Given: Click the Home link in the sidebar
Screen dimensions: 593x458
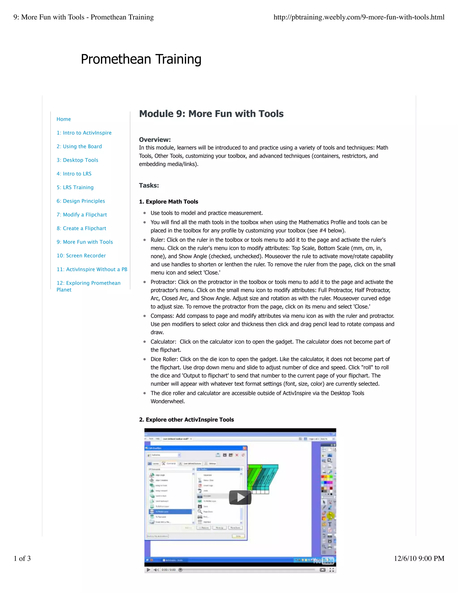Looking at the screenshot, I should pos(64,119).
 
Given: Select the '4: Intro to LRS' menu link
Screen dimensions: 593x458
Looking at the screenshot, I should pos(74,174).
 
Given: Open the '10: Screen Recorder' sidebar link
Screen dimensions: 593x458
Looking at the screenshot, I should pos(81,256).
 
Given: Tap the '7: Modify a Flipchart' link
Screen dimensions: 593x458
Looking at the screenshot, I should pos(82,215).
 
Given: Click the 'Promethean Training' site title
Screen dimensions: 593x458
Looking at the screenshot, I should pos(141,59).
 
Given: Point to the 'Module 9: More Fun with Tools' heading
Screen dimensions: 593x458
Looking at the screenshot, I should pos(211,114).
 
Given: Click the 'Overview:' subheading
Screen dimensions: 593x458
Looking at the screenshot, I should pos(155,140).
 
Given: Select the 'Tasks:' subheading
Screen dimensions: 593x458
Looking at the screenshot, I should pos(149,186).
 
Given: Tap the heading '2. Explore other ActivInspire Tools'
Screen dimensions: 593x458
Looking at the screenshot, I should pos(187,420).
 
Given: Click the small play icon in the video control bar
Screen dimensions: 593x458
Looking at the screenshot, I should pos(148,570).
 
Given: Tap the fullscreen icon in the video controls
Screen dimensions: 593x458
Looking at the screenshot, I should pos(332,570).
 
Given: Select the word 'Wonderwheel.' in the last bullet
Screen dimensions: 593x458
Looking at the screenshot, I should pos(168,401).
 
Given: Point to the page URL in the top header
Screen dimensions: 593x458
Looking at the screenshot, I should pos(359,17).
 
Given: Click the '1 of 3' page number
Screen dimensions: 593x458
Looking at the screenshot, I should pos(22,558).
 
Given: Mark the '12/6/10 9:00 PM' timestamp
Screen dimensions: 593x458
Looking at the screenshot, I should pos(419,558).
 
